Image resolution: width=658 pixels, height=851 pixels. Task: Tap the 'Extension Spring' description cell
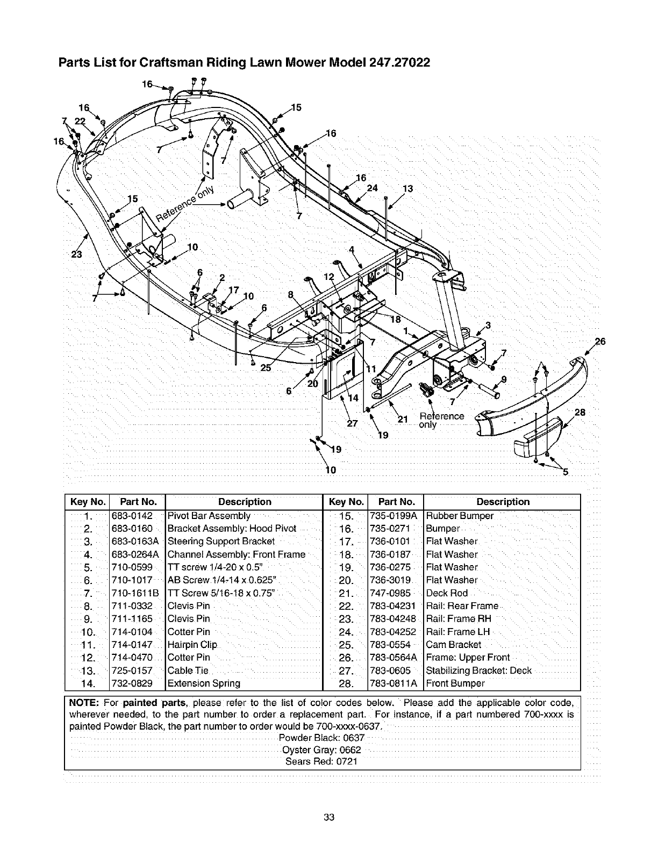coord(204,683)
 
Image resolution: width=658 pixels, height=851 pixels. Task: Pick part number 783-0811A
coord(394,683)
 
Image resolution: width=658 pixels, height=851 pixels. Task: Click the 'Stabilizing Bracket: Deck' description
coord(478,670)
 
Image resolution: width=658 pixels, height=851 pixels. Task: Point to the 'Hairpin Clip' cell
coord(192,645)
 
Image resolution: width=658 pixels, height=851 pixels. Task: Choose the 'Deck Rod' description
coord(447,593)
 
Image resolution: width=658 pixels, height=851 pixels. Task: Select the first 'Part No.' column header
coord(138,502)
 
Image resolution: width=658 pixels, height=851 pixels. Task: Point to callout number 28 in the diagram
coord(580,413)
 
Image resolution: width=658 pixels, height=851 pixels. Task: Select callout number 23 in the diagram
coord(77,254)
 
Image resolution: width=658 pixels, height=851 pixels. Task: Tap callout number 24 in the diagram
coord(372,188)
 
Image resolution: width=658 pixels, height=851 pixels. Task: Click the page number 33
coord(329,818)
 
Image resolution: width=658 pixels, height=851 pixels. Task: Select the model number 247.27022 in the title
coord(399,62)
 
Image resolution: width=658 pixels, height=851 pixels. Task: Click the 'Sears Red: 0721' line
coord(321,762)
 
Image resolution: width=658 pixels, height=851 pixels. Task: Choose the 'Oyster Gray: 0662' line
coord(321,749)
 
